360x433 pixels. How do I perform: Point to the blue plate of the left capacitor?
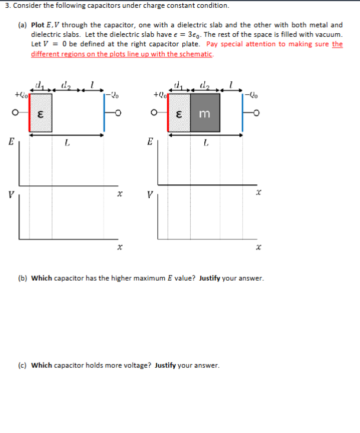point(104,113)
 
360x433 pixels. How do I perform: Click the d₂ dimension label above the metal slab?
point(205,84)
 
